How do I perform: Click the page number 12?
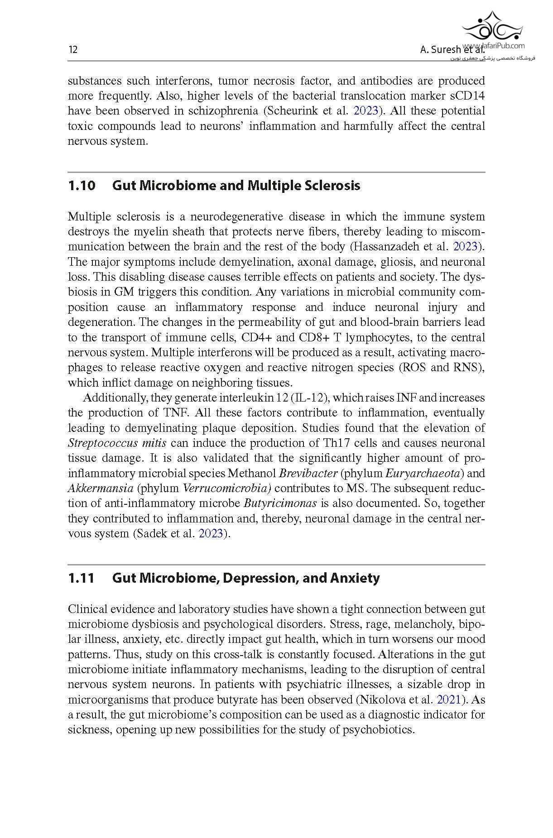[x=72, y=49]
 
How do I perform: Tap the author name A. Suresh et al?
[x=452, y=50]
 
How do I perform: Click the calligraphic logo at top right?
[x=492, y=27]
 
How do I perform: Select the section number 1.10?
[x=82, y=186]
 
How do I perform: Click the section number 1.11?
[x=81, y=578]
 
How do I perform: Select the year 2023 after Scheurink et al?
[x=365, y=111]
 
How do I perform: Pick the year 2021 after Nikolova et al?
[x=448, y=699]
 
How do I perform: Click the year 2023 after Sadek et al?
[x=211, y=533]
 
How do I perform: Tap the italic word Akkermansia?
[x=100, y=488]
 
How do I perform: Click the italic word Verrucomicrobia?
[x=226, y=488]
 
